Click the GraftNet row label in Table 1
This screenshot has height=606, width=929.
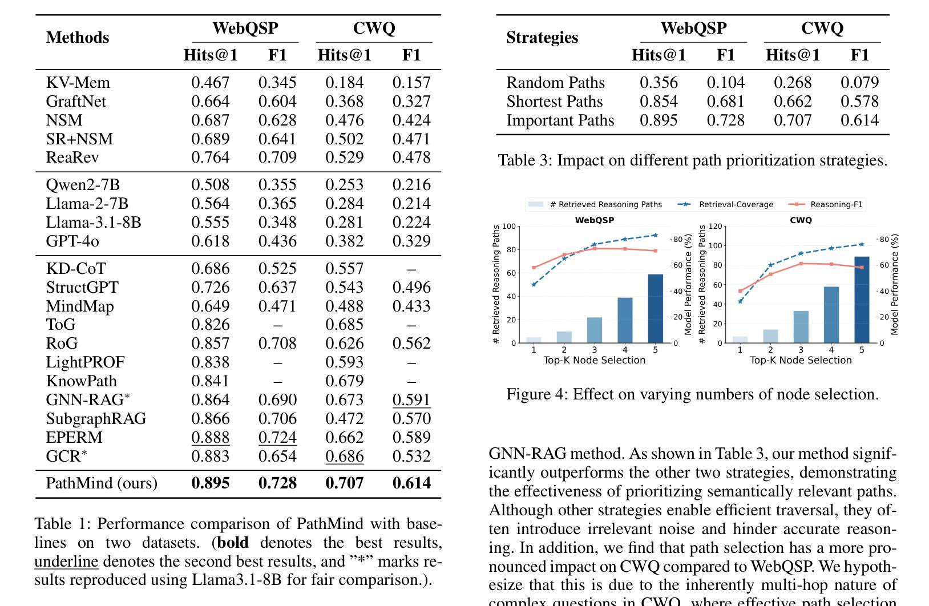pos(76,102)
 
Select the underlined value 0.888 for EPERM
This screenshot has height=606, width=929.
pos(211,438)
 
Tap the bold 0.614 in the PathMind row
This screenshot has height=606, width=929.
pos(411,483)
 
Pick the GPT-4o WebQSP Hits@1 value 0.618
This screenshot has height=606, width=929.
pos(211,241)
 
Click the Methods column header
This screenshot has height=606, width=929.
pos(78,38)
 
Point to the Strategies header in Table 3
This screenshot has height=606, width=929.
pos(542,38)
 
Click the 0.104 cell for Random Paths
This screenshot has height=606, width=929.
pos(725,83)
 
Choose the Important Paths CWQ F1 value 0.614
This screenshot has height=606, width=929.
pos(859,120)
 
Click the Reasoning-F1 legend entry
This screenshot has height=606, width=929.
pos(836,204)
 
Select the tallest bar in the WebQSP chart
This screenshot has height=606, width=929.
pos(655,308)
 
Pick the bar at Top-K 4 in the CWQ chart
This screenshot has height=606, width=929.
pos(831,314)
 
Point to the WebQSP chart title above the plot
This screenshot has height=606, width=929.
pos(595,220)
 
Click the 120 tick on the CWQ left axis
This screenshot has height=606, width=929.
pos(716,227)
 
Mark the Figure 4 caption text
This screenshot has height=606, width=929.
pos(692,394)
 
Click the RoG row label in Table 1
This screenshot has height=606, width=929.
pos(62,344)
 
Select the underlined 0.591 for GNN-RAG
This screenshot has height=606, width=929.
pos(411,400)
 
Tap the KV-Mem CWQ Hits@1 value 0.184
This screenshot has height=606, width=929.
pos(344,83)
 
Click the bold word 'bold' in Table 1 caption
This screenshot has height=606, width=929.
pos(233,543)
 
